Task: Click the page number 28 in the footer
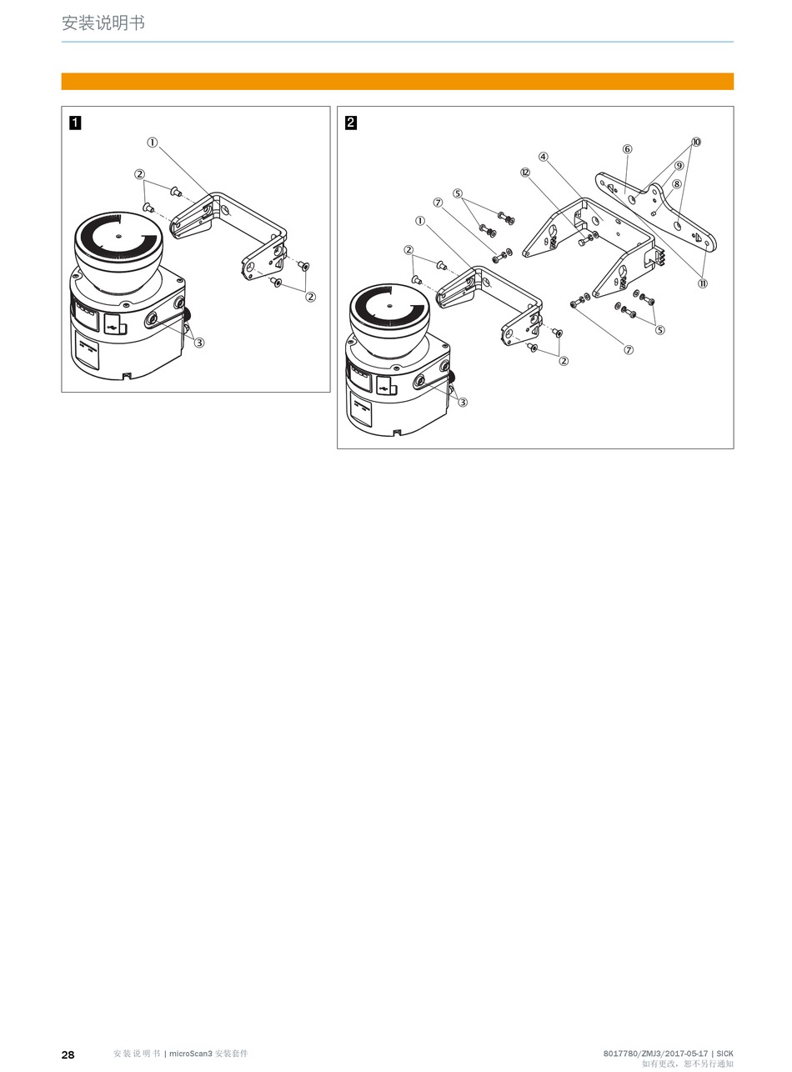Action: [x=68, y=1054]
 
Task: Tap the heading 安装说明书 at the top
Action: [x=103, y=23]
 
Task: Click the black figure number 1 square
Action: [x=75, y=123]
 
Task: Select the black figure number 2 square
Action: [x=350, y=123]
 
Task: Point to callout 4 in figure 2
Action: [x=543, y=157]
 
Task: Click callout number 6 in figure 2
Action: [x=627, y=149]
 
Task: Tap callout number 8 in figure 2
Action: [x=676, y=183]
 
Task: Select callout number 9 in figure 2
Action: [x=679, y=166]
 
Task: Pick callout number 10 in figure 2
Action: [x=696, y=142]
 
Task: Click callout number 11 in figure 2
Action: [x=703, y=283]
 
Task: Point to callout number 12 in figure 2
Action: [x=525, y=173]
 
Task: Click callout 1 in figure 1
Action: [x=153, y=143]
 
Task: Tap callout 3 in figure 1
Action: [x=199, y=343]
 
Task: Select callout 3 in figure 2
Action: [x=463, y=402]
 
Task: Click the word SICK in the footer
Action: [x=724, y=1054]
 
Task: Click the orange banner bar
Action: [x=398, y=81]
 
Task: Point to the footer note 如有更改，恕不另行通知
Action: [x=688, y=1064]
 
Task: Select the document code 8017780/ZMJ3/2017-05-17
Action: [x=655, y=1054]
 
